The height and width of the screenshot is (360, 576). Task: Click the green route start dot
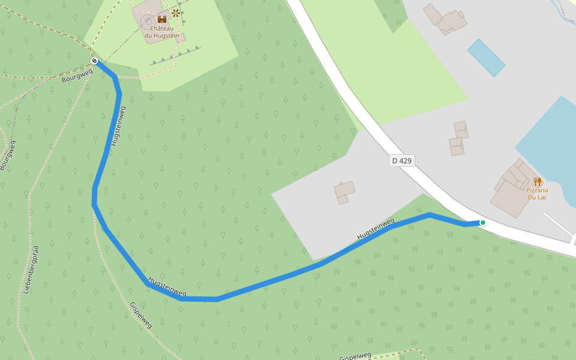click(482, 223)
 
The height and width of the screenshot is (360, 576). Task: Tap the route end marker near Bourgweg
click(94, 61)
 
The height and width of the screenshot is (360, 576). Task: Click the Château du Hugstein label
click(161, 32)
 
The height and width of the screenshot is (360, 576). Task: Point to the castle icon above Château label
click(161, 19)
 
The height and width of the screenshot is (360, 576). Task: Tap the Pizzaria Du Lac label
click(537, 194)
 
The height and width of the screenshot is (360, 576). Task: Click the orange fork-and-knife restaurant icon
click(537, 181)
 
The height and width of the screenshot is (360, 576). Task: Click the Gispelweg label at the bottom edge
click(355, 356)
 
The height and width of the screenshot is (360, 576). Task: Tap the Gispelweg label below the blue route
click(141, 315)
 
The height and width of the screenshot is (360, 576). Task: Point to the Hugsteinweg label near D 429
click(376, 229)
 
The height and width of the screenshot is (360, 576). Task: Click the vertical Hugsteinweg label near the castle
click(118, 127)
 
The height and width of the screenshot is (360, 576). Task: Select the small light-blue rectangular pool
click(486, 58)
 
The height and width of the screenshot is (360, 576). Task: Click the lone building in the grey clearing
click(344, 192)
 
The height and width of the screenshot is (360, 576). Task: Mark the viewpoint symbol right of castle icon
click(176, 13)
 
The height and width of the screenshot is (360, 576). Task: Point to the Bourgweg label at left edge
click(8, 155)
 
